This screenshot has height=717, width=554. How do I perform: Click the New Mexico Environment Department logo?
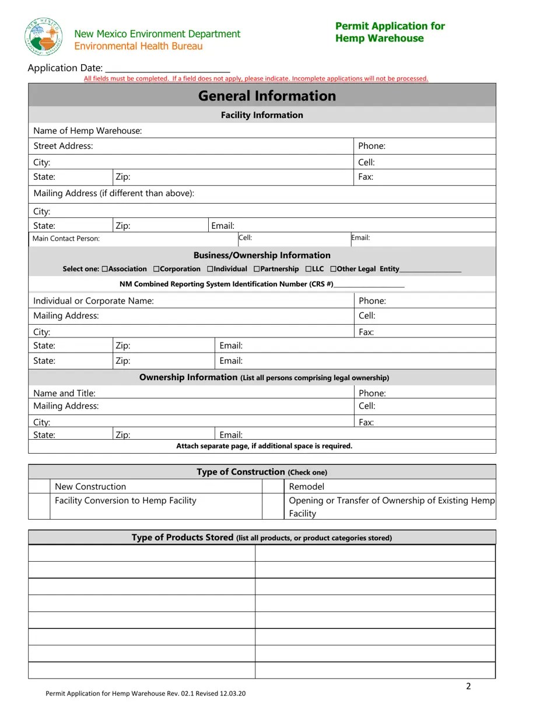pyautogui.click(x=44, y=36)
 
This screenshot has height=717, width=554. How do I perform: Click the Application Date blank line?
pyautogui.click(x=167, y=69)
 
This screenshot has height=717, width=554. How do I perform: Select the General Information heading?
pyautogui.click(x=267, y=96)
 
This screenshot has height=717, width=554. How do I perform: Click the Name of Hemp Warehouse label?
pyautogui.click(x=87, y=131)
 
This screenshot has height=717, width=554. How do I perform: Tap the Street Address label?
pyautogui.click(x=63, y=146)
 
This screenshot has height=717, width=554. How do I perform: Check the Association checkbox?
pyautogui.click(x=104, y=269)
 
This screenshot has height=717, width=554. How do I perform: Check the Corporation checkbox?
pyautogui.click(x=156, y=269)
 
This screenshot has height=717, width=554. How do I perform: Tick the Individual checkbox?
pyautogui.click(x=209, y=269)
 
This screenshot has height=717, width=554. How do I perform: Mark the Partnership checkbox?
pyautogui.click(x=257, y=269)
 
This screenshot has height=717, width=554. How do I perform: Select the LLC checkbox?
pyautogui.click(x=308, y=269)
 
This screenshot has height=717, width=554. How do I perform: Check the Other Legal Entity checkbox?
pyautogui.click(x=333, y=269)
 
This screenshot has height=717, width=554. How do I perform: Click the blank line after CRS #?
pyautogui.click(x=369, y=284)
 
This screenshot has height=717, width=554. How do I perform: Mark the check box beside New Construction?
pyautogui.click(x=39, y=486)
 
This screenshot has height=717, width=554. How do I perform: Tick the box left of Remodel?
pyautogui.click(x=273, y=486)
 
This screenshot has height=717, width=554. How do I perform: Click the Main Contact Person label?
pyautogui.click(x=66, y=238)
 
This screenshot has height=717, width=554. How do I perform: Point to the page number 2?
pyautogui.click(x=468, y=686)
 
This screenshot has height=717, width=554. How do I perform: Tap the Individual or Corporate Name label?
pyautogui.click(x=93, y=301)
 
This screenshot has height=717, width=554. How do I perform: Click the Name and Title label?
pyautogui.click(x=64, y=393)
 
